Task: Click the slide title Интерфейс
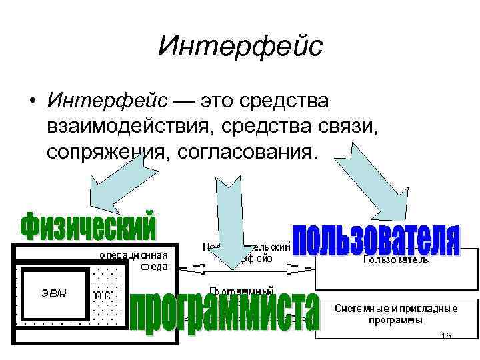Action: coord(240,46)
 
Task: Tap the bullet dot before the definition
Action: coord(32,103)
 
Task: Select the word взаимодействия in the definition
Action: coord(132,127)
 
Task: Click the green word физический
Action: coord(89,227)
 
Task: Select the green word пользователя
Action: coord(377,240)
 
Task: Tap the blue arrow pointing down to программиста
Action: coord(228,220)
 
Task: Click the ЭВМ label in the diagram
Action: coord(56,294)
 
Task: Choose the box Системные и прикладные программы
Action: coord(396,314)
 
